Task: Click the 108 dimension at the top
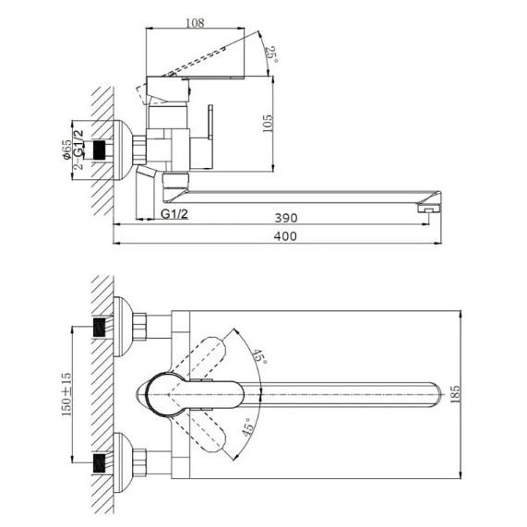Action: [195, 23]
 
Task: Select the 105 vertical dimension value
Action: [268, 124]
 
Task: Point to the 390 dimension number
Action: [286, 218]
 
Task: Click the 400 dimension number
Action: [285, 236]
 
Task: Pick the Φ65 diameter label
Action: [66, 150]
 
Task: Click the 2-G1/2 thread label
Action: [78, 150]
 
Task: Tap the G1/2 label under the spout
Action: [174, 214]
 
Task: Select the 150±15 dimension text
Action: [66, 394]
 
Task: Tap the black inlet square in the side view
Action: [99, 150]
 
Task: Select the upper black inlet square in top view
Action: [99, 328]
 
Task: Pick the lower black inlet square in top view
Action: [99, 462]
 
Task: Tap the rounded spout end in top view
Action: [436, 395]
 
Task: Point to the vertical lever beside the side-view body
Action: [210, 123]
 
